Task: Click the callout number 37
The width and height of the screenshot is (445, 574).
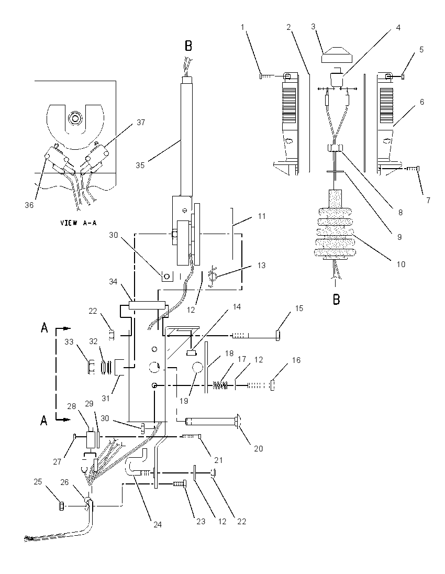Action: coord(141,123)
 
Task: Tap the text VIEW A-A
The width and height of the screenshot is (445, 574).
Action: coord(79,223)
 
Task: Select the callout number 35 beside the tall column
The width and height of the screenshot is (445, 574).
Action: coord(140,165)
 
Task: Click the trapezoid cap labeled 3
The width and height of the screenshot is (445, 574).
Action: coord(336,55)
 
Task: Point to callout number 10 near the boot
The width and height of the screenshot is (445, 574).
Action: coord(400,264)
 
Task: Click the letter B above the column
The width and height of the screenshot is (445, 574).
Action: coord(188,46)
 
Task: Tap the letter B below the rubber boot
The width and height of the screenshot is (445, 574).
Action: coord(336,299)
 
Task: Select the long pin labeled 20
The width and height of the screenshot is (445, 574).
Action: coord(212,422)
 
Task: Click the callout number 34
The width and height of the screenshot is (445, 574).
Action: coord(113,282)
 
